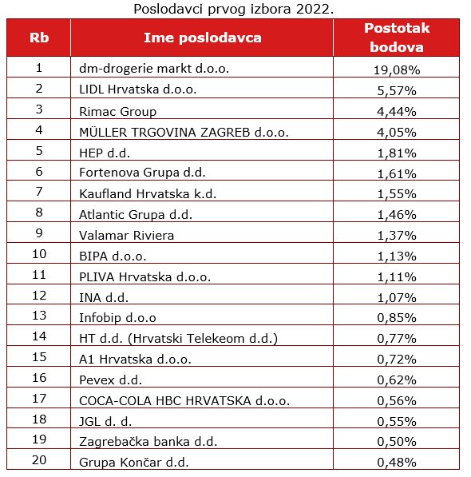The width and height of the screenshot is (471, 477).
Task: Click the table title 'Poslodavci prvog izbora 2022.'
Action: point(233,9)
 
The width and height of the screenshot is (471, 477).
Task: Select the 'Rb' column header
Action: point(39,38)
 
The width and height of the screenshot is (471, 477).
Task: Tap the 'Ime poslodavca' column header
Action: point(203,38)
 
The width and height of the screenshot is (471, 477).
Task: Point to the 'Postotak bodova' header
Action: point(397,38)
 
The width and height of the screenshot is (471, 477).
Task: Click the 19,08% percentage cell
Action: point(397,70)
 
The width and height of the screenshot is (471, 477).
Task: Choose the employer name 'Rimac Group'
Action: point(117,111)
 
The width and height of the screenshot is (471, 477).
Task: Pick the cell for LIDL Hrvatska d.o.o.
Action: point(137,89)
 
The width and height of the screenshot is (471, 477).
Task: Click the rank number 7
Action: point(39,191)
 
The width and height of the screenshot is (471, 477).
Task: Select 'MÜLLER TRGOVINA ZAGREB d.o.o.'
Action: point(184,133)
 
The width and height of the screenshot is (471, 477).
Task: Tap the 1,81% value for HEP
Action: point(397,153)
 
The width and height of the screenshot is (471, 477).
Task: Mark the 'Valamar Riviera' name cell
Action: point(126,236)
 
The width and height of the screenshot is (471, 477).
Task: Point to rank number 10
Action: point(39,254)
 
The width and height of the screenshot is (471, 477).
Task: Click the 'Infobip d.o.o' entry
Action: point(117,317)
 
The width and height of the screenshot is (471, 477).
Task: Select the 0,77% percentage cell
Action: point(397,339)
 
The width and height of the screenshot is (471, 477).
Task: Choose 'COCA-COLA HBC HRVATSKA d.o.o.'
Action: point(184,400)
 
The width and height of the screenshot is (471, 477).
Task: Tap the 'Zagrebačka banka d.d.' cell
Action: point(148,441)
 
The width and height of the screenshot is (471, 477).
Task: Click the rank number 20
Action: point(39,459)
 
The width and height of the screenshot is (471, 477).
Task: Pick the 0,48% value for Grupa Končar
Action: point(397,463)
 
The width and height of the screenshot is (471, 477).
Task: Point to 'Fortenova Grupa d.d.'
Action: point(142,173)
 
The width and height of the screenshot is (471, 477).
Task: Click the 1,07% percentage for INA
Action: point(397,297)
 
